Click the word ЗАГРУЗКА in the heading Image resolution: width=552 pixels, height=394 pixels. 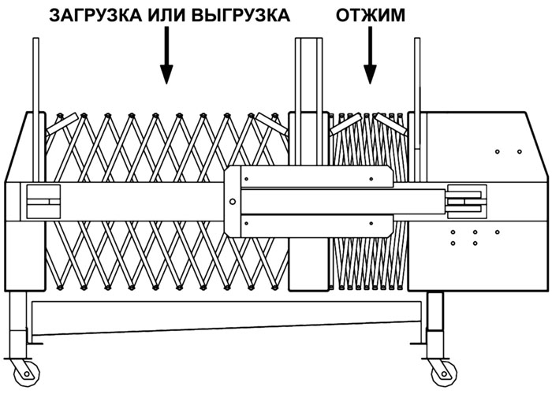tap(95, 16)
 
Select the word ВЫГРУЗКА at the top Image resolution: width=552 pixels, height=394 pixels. tap(242, 16)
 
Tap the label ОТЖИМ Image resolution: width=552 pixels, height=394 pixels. tap(371, 16)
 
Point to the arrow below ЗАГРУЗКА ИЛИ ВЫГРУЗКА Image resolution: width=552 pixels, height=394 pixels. tap(166, 56)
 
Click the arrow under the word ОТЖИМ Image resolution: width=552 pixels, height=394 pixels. tap(370, 56)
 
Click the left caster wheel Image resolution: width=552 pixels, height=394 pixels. tap(25, 372)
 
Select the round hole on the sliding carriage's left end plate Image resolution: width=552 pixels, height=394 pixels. tap(233, 202)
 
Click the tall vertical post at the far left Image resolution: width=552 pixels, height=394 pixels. tap(36, 109)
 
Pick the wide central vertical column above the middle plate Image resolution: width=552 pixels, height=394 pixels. tap(309, 102)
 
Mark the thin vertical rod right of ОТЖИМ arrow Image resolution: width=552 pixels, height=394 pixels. tap(417, 109)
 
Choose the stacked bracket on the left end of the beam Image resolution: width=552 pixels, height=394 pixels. tap(43, 202)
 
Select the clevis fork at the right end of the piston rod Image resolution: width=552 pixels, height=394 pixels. tap(466, 202)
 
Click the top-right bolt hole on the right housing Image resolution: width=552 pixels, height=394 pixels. tap(519, 151)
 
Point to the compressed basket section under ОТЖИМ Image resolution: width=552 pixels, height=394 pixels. tap(368, 200)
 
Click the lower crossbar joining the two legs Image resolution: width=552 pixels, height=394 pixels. tap(227, 318)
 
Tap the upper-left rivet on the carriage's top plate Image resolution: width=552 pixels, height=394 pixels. tap(246, 179)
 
